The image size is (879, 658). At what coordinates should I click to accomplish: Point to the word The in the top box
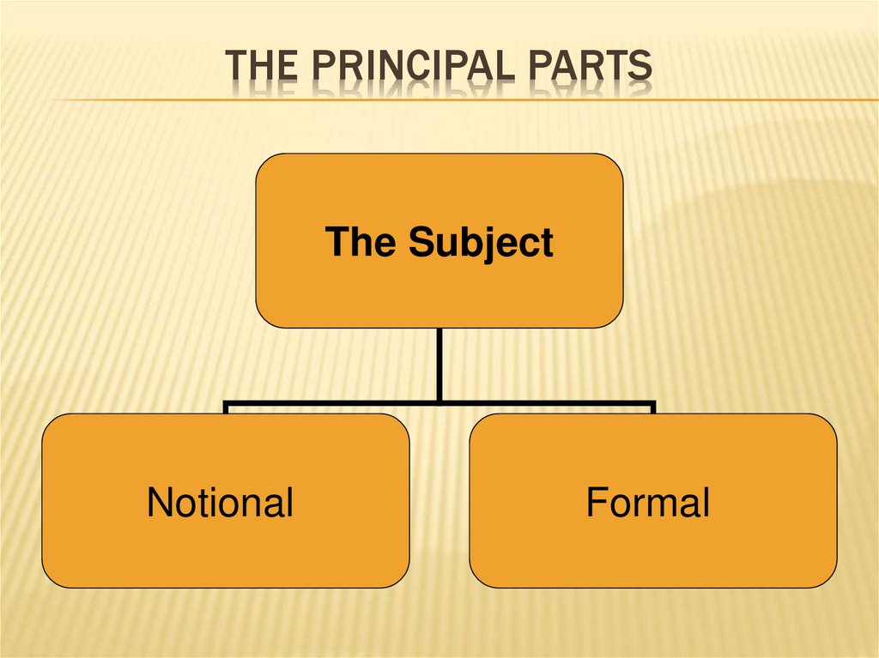coord(361,242)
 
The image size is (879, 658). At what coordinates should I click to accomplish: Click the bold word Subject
coord(480,244)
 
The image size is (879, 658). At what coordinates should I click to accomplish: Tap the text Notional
coord(220,502)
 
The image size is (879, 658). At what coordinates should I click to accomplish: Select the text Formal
coord(647,502)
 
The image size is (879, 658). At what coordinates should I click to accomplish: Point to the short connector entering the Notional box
coord(226,408)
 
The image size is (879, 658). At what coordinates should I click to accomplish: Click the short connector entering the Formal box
coord(652,408)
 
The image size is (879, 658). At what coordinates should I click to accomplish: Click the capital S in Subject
coord(420,242)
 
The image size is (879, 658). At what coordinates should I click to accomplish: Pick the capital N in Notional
coord(159,502)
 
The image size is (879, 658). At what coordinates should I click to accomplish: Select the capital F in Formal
coord(596,502)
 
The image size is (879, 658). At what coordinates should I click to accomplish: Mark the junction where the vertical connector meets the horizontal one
coord(439,401)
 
